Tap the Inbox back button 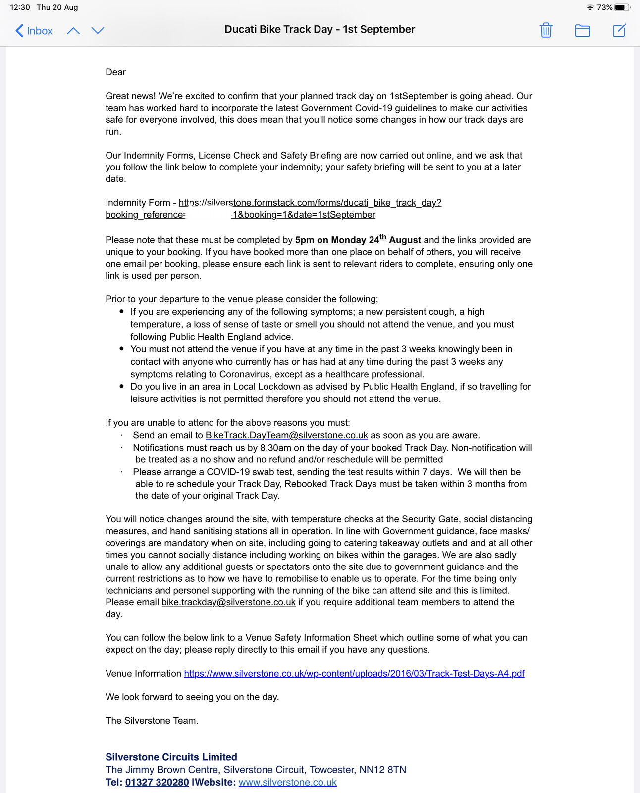point(34,31)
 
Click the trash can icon point(546,30)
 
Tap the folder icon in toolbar point(582,31)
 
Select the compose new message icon point(619,30)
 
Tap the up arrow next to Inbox point(73,31)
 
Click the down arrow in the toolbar point(98,31)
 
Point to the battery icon point(622,7)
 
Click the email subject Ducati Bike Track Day point(320,29)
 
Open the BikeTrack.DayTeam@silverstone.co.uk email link point(286,435)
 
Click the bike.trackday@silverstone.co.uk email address point(228,602)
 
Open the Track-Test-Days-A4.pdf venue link point(354,673)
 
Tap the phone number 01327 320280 point(157,782)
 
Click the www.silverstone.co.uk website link point(287,782)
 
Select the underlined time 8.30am point(275,448)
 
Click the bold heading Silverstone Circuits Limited point(171,757)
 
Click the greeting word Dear point(115,72)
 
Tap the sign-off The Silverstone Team point(152,720)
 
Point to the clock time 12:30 point(20,7)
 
